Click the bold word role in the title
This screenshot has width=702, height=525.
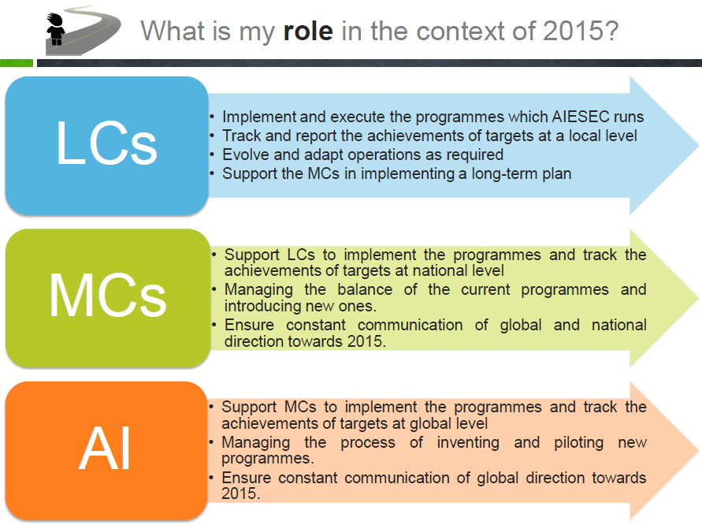pyautogui.click(x=308, y=31)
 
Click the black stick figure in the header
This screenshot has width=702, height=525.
pyautogui.click(x=55, y=28)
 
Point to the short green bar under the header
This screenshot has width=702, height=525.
pyautogui.click(x=17, y=63)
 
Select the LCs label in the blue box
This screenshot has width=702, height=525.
pyautogui.click(x=106, y=143)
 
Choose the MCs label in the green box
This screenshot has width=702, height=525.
pyautogui.click(x=107, y=296)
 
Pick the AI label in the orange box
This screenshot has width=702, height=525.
pyautogui.click(x=105, y=448)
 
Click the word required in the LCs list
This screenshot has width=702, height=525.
pyautogui.click(x=475, y=155)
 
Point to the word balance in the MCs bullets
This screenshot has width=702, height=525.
pyautogui.click(x=365, y=289)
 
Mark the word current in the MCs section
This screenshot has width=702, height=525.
pyautogui.click(x=485, y=290)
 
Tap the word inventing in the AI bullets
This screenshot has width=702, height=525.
pyautogui.click(x=468, y=442)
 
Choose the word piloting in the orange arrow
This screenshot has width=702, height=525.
pyautogui.click(x=579, y=442)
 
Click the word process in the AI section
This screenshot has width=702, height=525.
pyautogui.click(x=368, y=443)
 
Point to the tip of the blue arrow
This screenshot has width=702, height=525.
pyautogui.click(x=698, y=145)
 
